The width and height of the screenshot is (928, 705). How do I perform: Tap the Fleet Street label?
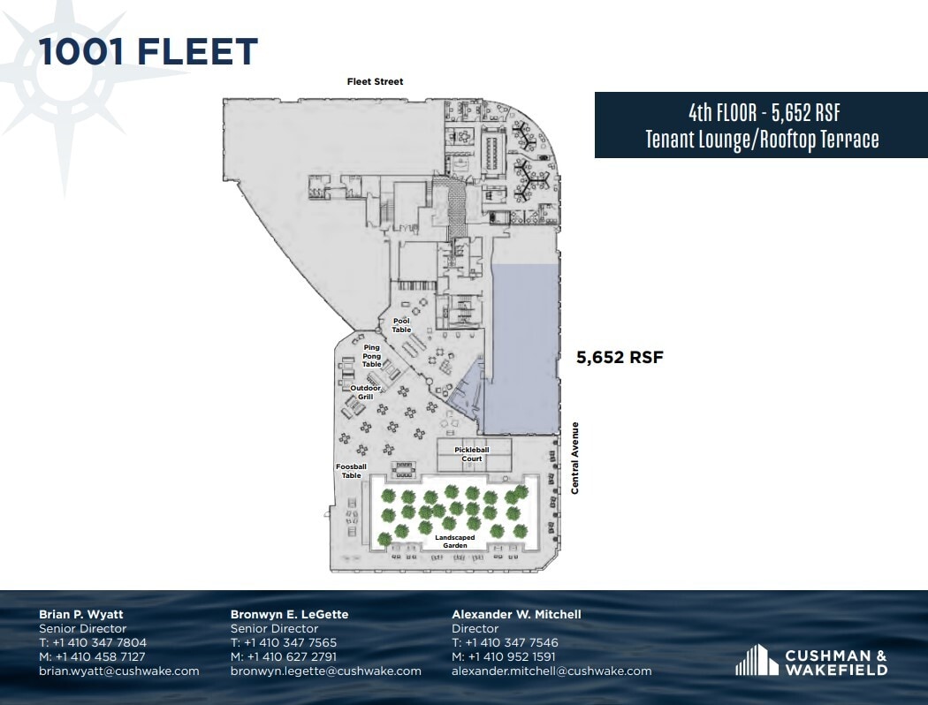375,82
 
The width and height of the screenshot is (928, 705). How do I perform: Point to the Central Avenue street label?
574,458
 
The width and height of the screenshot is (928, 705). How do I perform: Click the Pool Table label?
402,325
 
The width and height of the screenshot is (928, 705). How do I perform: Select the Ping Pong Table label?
372,356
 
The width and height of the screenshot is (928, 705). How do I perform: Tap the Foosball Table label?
351,471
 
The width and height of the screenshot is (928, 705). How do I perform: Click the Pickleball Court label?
472,454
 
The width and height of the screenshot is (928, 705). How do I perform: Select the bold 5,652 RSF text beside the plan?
620,358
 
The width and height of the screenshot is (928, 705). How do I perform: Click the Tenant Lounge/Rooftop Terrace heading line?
762,139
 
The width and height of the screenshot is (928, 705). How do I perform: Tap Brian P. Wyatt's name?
81,614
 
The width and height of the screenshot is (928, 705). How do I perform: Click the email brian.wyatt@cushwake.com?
119,671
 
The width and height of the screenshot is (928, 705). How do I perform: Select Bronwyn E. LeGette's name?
290,614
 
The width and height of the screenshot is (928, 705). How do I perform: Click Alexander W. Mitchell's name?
516,614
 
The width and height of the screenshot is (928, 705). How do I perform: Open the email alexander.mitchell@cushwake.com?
551,671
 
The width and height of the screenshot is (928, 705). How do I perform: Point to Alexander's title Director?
475,628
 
